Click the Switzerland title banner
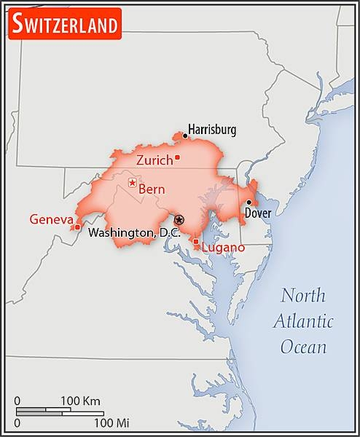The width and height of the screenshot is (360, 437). (x=64, y=25)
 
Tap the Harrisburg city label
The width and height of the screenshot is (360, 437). (x=213, y=130)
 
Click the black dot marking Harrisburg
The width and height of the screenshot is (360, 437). (x=185, y=135)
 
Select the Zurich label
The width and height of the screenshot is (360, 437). (x=154, y=160)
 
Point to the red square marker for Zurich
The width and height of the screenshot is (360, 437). (x=177, y=157)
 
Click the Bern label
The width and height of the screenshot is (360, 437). (x=152, y=189)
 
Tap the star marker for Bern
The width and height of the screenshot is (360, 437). (x=132, y=182)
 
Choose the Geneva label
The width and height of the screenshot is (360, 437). (x=51, y=219)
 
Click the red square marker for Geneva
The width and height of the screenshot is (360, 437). (x=77, y=227)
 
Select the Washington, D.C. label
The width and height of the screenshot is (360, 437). (x=131, y=233)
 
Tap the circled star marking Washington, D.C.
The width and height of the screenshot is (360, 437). (x=179, y=219)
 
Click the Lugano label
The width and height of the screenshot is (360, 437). (x=223, y=248)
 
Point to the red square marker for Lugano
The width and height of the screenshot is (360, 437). (x=195, y=242)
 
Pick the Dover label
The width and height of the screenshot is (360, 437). (x=258, y=213)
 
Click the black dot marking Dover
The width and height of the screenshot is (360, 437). (x=249, y=203)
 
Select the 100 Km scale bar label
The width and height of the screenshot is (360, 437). (x=80, y=401)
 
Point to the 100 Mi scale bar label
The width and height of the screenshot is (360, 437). (x=111, y=422)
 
